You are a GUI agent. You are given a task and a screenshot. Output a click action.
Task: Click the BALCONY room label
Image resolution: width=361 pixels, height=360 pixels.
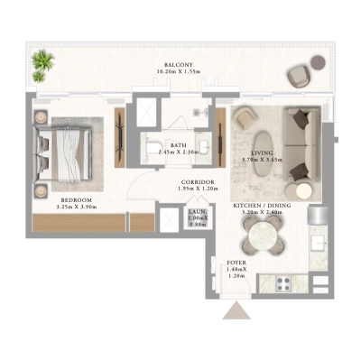coord(177,65)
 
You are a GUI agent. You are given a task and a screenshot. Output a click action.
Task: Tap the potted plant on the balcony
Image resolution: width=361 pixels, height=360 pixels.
coord(42,63)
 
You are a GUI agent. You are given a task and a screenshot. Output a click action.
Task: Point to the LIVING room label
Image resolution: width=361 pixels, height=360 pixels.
coord(263,152)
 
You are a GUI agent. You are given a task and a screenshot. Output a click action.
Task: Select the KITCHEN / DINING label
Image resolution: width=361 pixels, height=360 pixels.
coord(262,207)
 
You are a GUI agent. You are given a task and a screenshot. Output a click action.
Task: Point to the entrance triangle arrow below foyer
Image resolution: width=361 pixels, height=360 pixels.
coord(236,311)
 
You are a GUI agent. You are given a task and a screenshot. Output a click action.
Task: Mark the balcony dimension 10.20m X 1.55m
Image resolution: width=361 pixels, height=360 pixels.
coord(177,73)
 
